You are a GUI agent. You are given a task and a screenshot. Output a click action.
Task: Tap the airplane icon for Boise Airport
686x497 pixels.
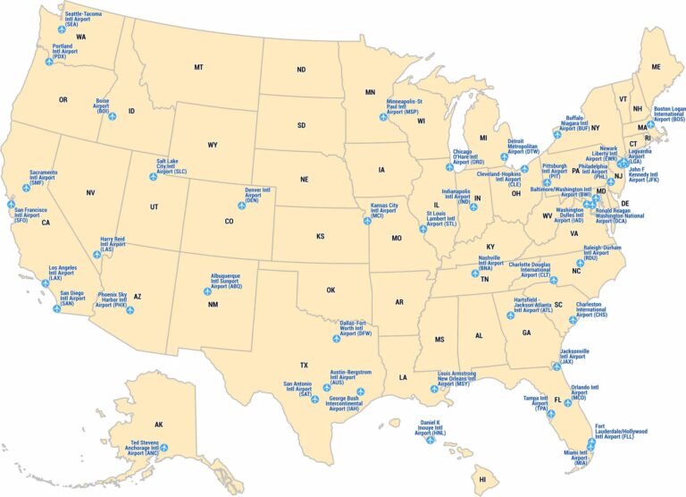click(x=113, y=116)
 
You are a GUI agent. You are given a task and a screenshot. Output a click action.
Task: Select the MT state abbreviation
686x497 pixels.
click(x=198, y=67)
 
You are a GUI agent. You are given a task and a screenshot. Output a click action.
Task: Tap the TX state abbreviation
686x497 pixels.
click(x=304, y=365)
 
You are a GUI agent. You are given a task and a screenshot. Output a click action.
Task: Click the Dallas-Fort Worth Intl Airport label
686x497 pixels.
click(x=356, y=328)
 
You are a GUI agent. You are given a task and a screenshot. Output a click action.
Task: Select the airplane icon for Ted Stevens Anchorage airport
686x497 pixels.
click(x=163, y=448)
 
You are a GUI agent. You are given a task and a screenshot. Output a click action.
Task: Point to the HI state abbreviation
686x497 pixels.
click(x=482, y=479)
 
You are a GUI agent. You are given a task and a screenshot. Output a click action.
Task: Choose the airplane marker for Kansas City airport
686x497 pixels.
click(x=366, y=221)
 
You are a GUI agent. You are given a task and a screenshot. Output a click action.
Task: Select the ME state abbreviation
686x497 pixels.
click(x=656, y=67)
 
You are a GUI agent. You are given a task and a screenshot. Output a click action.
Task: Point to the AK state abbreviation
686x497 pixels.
click(x=159, y=425)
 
